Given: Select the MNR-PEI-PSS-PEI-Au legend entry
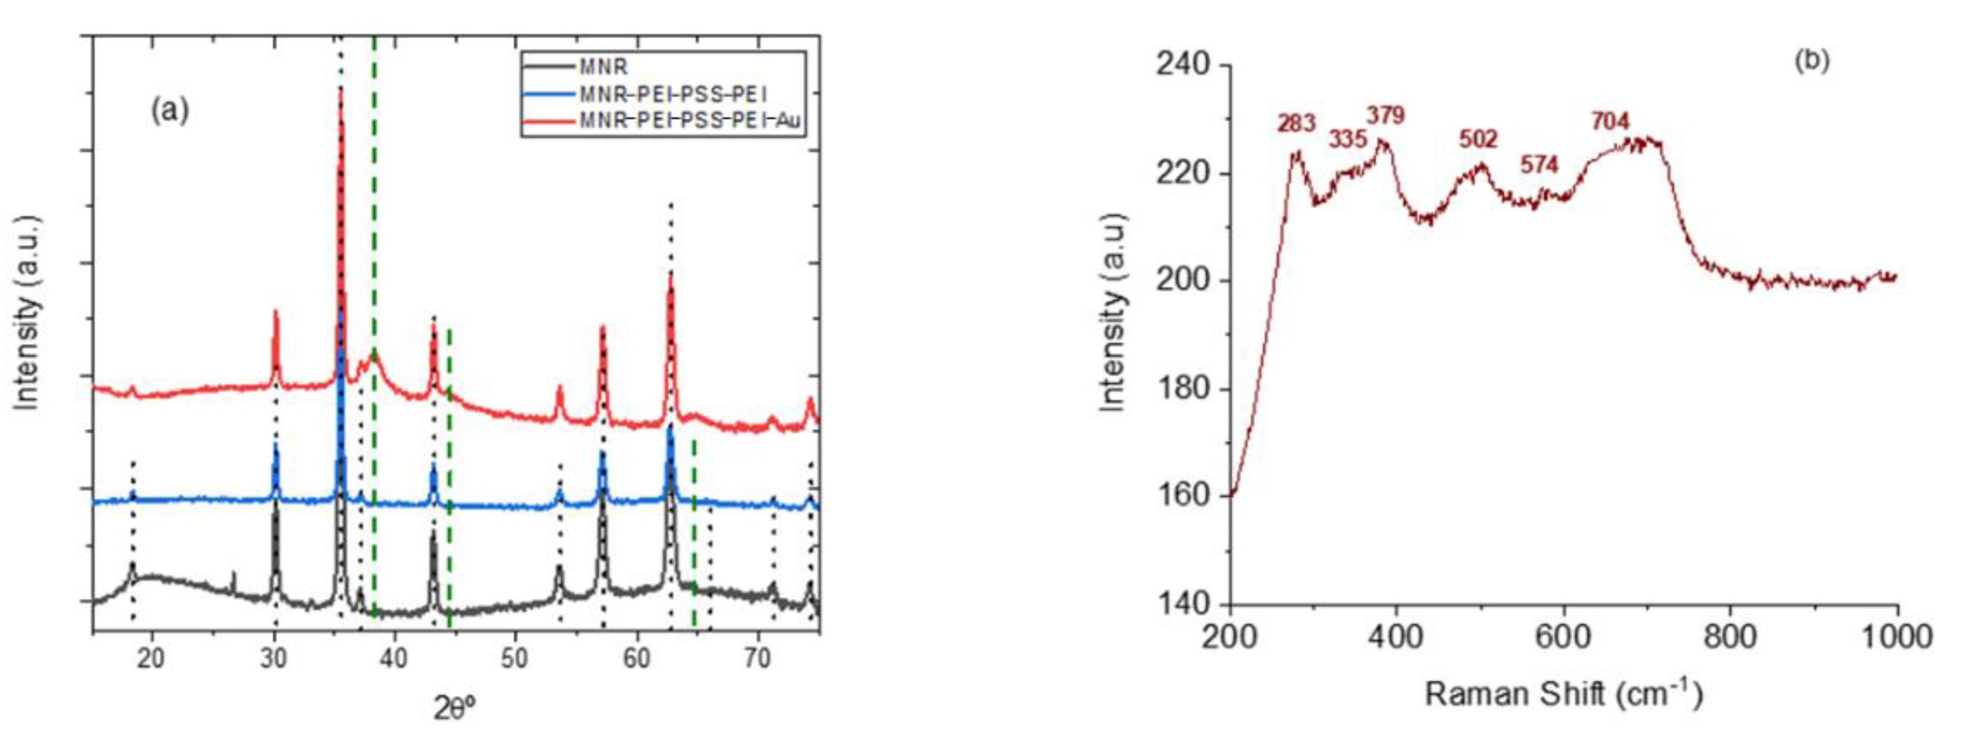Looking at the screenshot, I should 691,120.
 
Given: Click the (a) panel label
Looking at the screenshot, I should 170,111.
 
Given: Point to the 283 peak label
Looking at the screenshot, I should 1297,123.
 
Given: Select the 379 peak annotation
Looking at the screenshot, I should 1385,115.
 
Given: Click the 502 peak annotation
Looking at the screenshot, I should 1478,139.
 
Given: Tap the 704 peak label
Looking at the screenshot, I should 1610,120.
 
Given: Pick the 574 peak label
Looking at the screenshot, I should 1539,164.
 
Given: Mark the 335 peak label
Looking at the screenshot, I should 1348,140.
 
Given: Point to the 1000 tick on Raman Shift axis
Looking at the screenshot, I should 1896,637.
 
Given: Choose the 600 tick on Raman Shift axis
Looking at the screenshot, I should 1564,637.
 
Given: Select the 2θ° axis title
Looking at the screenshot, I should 455,709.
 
